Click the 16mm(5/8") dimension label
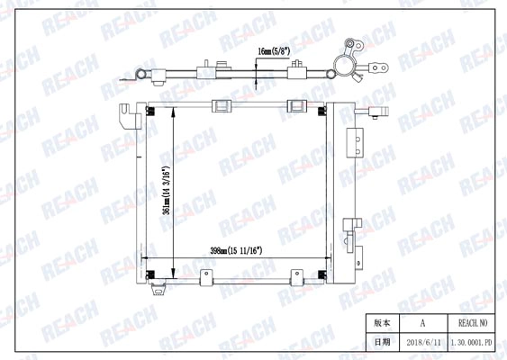pyautogui.click(x=274, y=51)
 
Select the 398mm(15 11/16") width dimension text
pyautogui.click(x=236, y=250)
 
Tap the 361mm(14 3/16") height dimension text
pyautogui.click(x=167, y=191)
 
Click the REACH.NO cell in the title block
pyautogui.click(x=473, y=323)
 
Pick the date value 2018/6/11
pyautogui.click(x=423, y=342)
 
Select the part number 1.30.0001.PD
pyautogui.click(x=472, y=342)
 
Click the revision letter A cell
pyautogui.click(x=423, y=323)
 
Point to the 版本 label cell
pyautogui.click(x=382, y=323)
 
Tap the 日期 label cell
pyautogui.click(x=382, y=342)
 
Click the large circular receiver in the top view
pyautogui.click(x=345, y=66)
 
